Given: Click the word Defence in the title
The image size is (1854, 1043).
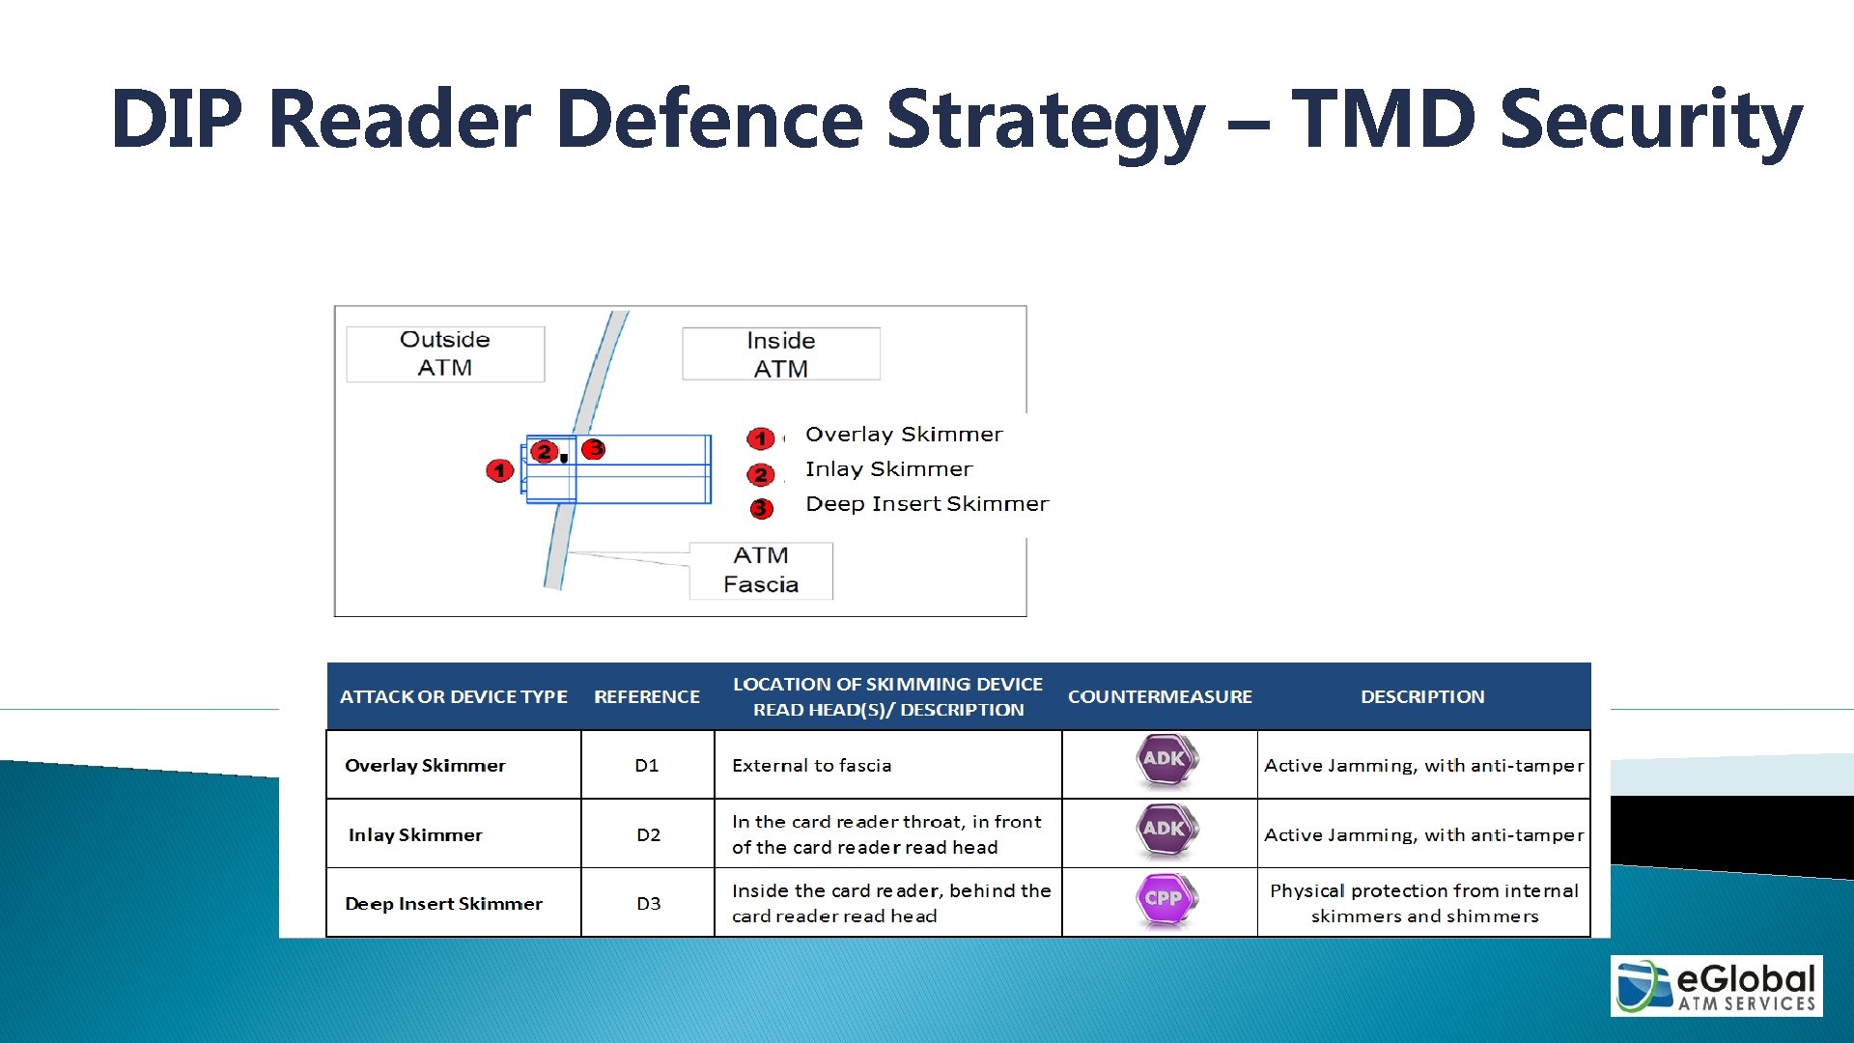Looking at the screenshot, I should (710, 119).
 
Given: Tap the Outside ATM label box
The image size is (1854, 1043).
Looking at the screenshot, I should (445, 353).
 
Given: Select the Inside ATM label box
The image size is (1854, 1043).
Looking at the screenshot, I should (780, 354).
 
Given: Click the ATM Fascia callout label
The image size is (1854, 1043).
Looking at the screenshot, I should (761, 570).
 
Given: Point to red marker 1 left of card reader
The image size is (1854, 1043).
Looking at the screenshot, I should (499, 470).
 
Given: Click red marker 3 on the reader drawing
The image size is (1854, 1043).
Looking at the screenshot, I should (594, 448).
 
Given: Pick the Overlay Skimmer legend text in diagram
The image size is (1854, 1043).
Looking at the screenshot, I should (904, 435).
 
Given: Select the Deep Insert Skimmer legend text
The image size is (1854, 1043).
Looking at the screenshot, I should (926, 504).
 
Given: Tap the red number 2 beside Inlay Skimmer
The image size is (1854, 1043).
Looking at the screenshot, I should (761, 474).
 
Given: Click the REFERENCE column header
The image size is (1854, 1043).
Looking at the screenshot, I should (647, 696).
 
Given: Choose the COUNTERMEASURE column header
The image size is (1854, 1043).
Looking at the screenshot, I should (1160, 696).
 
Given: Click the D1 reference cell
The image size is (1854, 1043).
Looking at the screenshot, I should (647, 765).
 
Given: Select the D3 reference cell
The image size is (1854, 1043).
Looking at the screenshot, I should (648, 903).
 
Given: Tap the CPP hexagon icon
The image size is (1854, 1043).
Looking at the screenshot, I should (1165, 898).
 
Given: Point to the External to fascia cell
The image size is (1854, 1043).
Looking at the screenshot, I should (811, 765).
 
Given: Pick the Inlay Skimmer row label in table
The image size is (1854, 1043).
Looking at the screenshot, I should (415, 834).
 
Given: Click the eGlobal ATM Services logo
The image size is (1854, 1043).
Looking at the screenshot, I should (1716, 985).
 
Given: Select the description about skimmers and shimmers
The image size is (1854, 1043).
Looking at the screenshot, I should (1423, 903).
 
